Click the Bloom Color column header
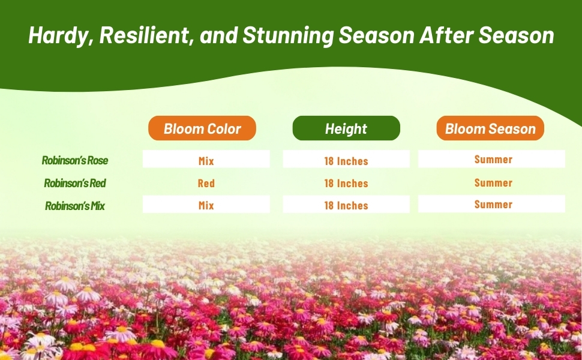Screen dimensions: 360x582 202,128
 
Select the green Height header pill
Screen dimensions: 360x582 346,128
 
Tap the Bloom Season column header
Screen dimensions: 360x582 490,128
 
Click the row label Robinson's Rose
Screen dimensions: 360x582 75,160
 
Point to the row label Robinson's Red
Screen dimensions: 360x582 75,183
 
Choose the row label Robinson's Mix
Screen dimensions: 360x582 75,206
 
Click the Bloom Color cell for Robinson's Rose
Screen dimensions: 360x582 206,160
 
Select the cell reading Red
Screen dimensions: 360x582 206,183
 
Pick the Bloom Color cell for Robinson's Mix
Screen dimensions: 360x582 206,205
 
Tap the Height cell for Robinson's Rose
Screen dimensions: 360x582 346,160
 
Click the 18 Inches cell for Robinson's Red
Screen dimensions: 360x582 346,183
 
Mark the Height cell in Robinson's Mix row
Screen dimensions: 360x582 346,205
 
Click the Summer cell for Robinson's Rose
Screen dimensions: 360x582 493,159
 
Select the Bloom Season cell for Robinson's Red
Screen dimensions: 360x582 493,182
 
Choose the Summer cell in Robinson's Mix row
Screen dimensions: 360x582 493,204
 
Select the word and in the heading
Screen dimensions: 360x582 218,35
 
